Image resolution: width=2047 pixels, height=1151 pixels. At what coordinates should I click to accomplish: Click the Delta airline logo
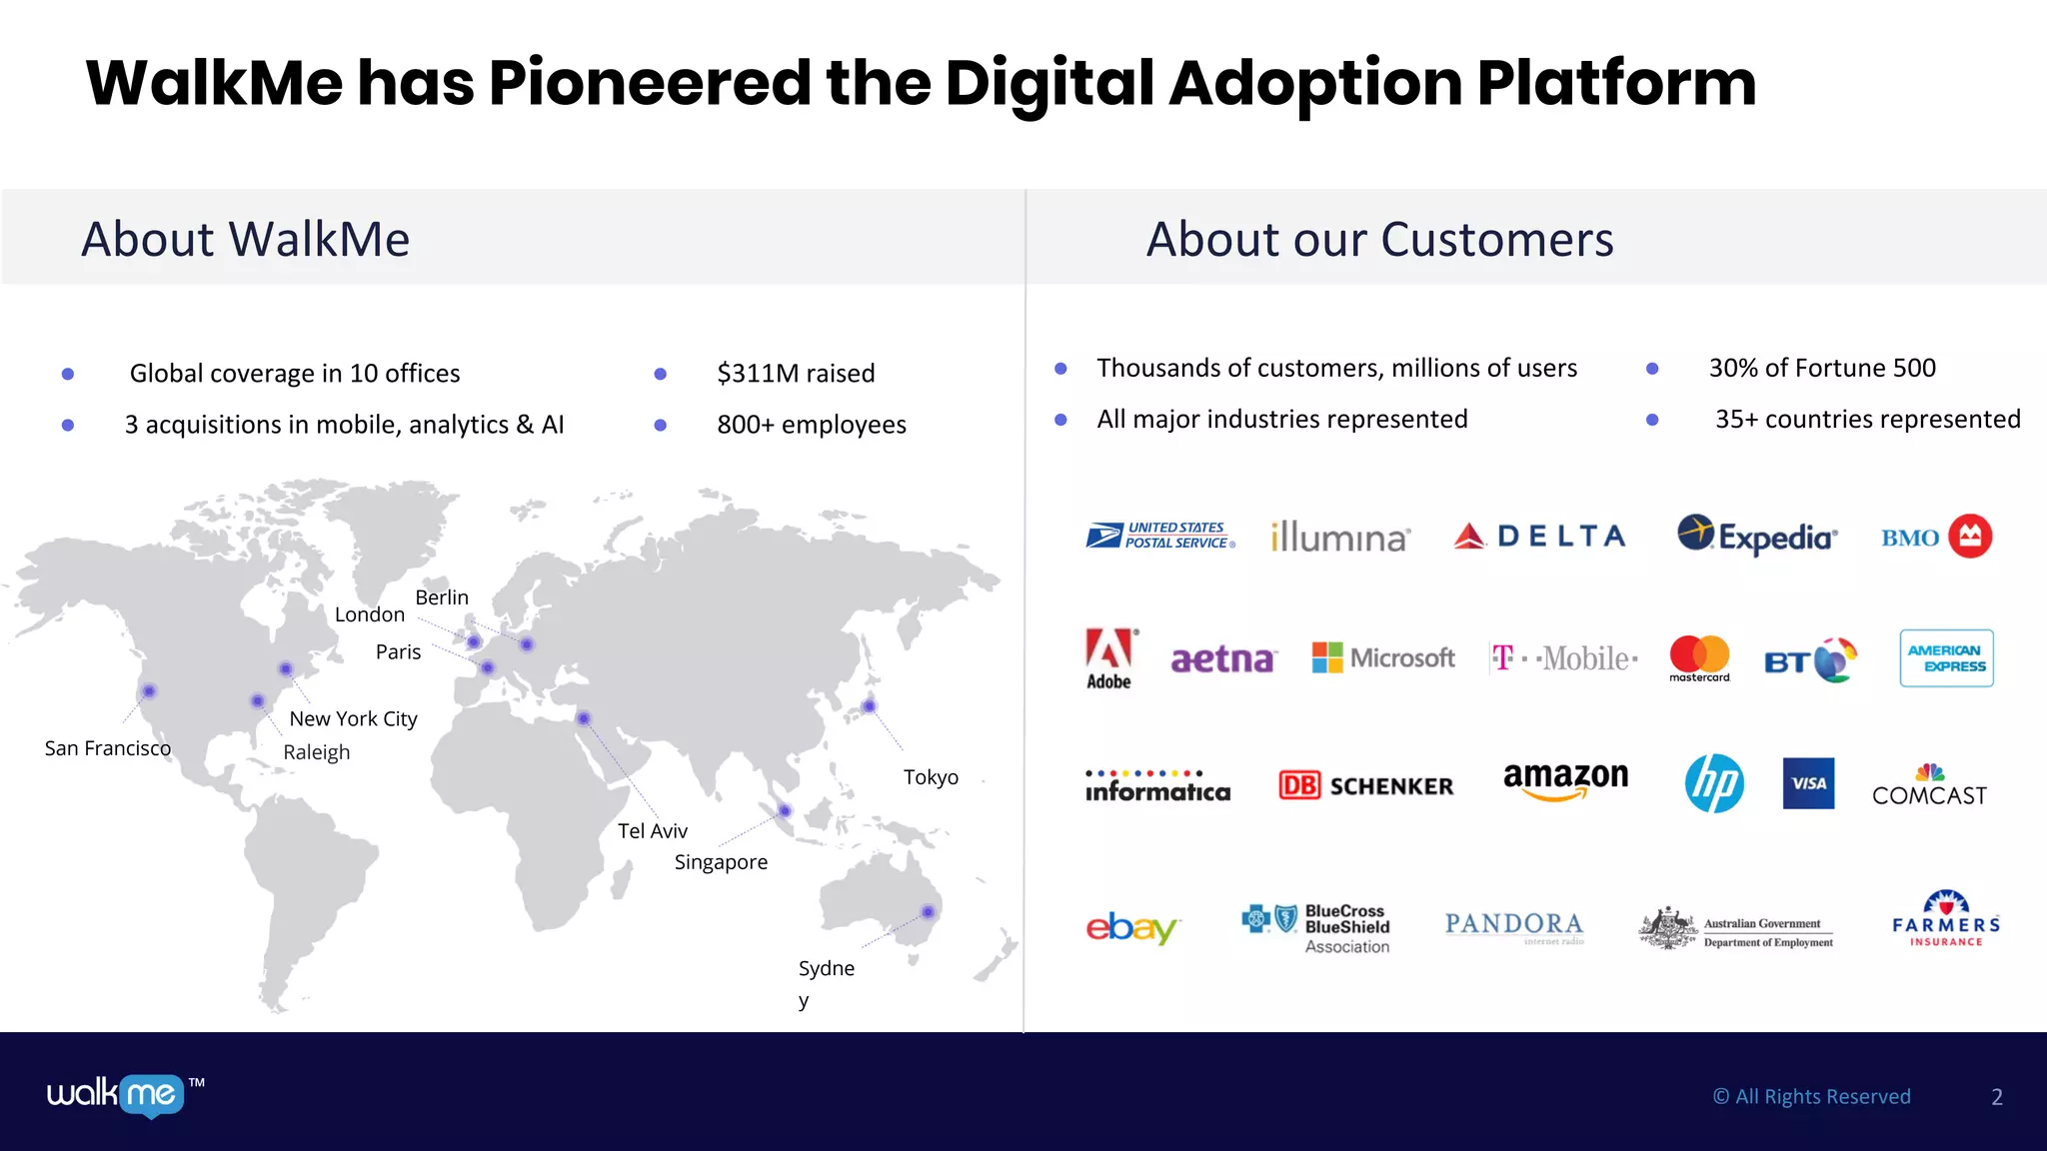pos(1540,537)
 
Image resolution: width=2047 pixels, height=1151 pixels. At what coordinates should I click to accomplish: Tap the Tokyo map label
pos(931,777)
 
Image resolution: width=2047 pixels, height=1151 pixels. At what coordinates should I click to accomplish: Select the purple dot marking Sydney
pos(929,911)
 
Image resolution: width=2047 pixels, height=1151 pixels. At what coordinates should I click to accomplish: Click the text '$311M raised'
pos(796,374)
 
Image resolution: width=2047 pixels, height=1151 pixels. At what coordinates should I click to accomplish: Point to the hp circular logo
pos(1714,783)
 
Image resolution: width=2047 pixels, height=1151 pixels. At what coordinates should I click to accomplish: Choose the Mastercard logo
pos(1699,658)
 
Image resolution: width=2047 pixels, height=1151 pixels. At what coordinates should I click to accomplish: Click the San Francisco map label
pos(108,748)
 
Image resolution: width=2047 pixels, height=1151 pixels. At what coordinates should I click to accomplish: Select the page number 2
pos(1997,1097)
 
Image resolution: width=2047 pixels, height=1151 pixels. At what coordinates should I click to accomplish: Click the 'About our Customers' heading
pos(1379,240)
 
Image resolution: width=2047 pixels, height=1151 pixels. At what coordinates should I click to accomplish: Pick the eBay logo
pos(1132,927)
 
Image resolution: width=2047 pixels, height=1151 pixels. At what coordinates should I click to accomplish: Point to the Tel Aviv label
pos(653,831)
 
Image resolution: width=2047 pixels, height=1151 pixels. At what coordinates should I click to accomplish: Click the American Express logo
pos(1946,658)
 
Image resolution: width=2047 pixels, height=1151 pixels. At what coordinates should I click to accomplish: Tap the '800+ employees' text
pos(812,426)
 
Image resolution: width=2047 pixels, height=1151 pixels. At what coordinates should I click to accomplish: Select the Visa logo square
pos(1808,783)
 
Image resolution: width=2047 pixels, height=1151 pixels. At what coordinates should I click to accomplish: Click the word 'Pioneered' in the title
pos(650,83)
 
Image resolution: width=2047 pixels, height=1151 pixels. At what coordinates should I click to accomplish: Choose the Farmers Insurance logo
pos(1945,919)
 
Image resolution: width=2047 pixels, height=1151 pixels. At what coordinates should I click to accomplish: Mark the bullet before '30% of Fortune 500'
pos(1652,369)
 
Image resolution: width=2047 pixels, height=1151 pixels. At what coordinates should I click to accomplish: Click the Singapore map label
pos(721,862)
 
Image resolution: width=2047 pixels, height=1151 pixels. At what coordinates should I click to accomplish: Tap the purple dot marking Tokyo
pos(870,706)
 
